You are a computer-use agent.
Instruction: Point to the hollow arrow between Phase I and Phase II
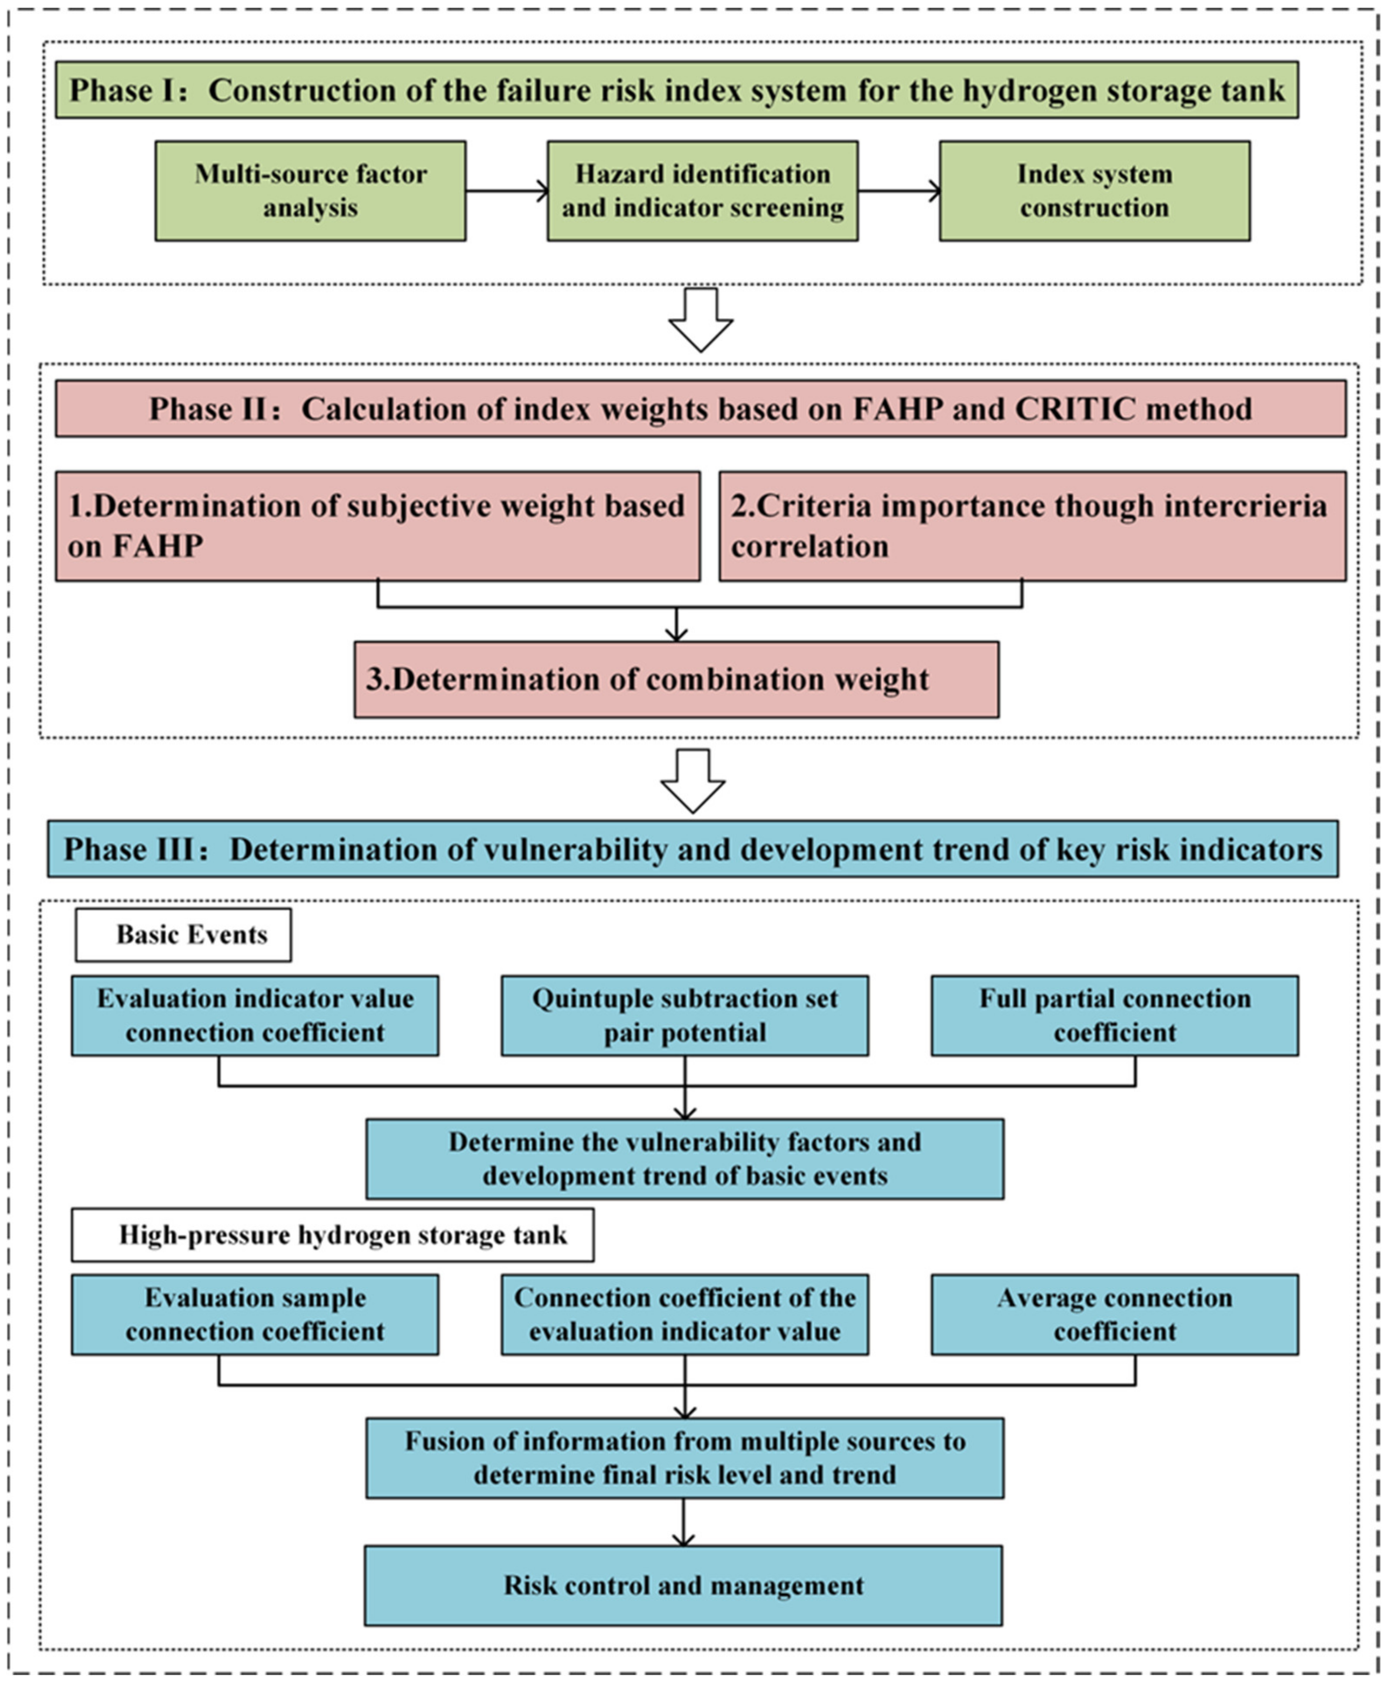pos(700,319)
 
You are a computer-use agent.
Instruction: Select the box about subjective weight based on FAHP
pos(377,526)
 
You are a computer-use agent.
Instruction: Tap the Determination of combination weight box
pos(676,680)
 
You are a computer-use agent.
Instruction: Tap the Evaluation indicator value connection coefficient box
pos(255,1016)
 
